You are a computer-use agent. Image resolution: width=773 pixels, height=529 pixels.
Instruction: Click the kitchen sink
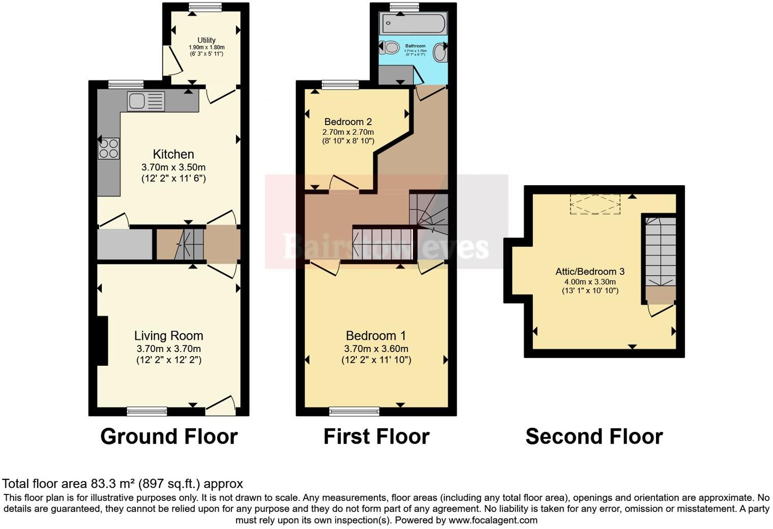(x=146, y=101)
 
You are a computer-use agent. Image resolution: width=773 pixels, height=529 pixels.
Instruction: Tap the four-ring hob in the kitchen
(x=109, y=148)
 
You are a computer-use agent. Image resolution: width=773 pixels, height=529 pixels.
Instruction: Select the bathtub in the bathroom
(x=413, y=23)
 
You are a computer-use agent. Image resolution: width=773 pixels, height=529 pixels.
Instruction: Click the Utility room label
(x=206, y=40)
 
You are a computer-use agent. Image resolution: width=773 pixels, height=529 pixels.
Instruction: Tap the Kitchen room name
(x=173, y=154)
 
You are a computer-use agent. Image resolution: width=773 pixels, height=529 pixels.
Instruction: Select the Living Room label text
(x=168, y=336)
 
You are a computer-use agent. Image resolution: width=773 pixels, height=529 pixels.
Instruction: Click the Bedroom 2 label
(x=348, y=122)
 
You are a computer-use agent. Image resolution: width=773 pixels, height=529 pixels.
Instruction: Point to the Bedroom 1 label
(x=376, y=336)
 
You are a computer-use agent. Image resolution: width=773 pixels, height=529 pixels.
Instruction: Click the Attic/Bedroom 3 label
(x=590, y=272)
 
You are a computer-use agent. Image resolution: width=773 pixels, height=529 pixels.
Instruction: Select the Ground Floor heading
(x=169, y=436)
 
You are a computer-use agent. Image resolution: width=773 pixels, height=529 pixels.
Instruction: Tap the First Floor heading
(x=376, y=436)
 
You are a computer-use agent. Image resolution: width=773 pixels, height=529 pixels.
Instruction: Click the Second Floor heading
(x=594, y=436)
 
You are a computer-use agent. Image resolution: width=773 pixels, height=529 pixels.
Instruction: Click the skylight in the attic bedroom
(x=595, y=204)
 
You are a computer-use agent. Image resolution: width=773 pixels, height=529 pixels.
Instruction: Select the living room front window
(x=147, y=411)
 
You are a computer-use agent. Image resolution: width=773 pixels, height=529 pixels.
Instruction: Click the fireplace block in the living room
(x=102, y=341)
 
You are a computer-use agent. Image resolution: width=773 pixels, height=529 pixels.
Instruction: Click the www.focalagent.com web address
(x=493, y=520)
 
